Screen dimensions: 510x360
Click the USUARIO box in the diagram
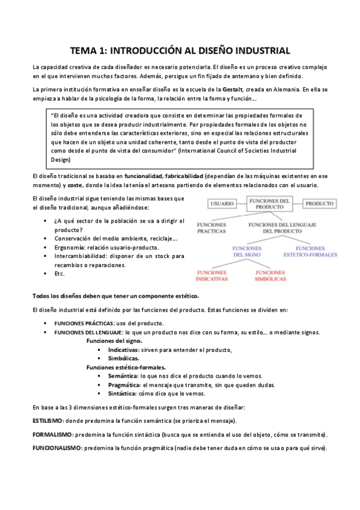[222, 204]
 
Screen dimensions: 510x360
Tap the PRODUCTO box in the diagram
[319, 204]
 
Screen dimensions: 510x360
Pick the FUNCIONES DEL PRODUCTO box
[270, 203]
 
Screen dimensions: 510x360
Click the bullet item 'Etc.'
[59, 274]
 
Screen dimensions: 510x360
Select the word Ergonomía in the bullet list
[71, 247]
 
